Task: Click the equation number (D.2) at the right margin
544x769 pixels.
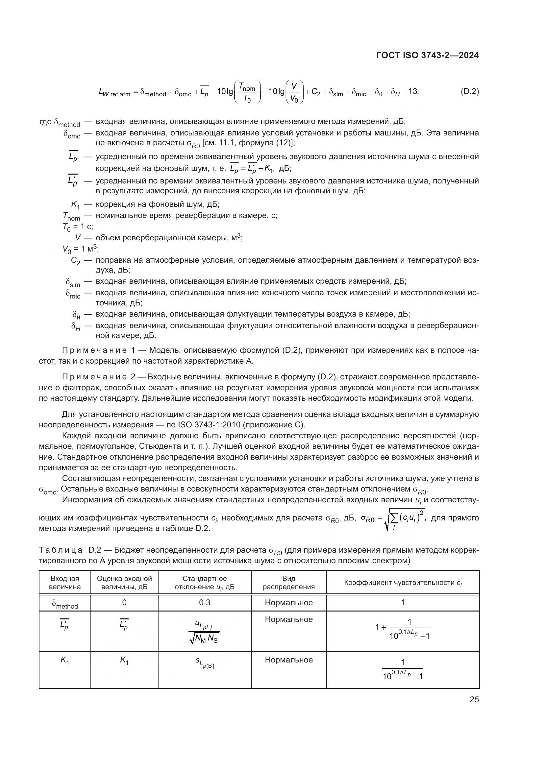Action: (470, 91)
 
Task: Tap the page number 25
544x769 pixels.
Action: (474, 699)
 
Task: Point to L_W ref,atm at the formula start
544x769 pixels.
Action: (114, 92)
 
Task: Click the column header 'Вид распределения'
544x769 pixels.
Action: (288, 583)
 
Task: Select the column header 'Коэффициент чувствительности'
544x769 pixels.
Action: (403, 583)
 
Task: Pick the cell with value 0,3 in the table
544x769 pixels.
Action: (204, 603)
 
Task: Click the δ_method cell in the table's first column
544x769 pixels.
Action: (65, 604)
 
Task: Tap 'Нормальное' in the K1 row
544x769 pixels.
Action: (288, 660)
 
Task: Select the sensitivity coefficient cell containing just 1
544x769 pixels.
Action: (403, 603)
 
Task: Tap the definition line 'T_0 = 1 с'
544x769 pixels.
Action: (77, 227)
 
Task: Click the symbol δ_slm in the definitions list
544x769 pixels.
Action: (73, 282)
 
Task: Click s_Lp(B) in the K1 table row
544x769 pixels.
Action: (204, 663)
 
